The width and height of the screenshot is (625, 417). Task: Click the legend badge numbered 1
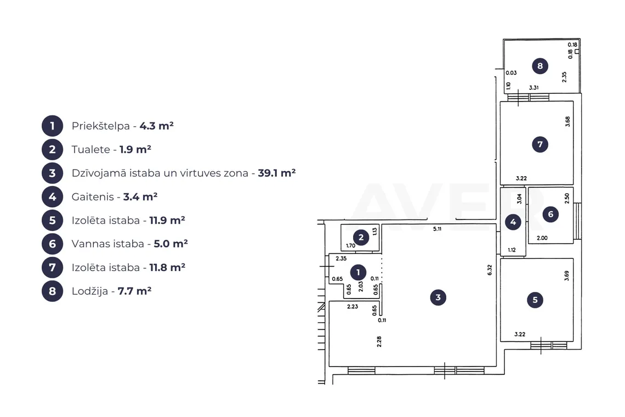[x=52, y=126]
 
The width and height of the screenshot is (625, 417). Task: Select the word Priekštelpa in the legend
[x=101, y=126]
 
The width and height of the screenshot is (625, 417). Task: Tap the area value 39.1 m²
[x=277, y=173]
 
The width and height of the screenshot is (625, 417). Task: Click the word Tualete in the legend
[x=91, y=149]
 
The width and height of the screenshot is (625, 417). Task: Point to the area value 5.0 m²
[x=171, y=244]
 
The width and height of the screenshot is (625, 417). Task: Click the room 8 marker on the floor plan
[x=540, y=66]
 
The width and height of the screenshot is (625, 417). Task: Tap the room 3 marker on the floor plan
[x=438, y=297]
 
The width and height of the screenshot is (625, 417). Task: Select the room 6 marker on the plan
[x=550, y=215]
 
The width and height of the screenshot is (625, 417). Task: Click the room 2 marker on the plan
[x=361, y=238]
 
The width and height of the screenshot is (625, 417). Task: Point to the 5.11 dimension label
[x=438, y=229]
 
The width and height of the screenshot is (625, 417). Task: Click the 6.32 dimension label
[x=490, y=270]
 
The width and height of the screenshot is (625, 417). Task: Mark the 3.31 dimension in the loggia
[x=534, y=87]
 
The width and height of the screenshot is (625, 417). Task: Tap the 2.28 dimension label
[x=379, y=342]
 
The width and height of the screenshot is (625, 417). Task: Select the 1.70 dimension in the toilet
[x=350, y=246]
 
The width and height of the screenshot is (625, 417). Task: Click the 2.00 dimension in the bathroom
[x=542, y=238]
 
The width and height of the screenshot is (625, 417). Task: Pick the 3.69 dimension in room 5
[x=567, y=276]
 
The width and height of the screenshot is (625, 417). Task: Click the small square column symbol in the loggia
[x=577, y=52]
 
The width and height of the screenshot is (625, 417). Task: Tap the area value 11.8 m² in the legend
[x=167, y=267]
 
